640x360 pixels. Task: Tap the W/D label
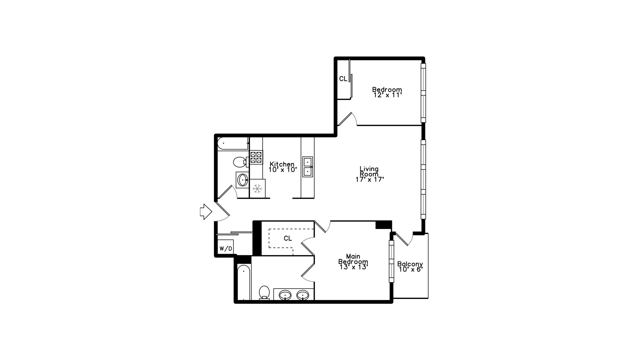(x=226, y=249)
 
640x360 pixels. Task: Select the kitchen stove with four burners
(x=256, y=157)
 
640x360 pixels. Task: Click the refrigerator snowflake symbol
(x=257, y=189)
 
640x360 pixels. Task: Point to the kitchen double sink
(x=307, y=167)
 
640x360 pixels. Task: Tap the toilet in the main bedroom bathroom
(x=264, y=292)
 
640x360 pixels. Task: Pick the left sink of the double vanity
(x=285, y=295)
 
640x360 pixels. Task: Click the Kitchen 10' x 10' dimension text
(x=283, y=170)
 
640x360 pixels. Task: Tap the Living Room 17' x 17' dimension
(x=370, y=179)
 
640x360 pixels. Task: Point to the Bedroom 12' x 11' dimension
(x=387, y=95)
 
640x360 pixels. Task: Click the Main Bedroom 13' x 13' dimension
(x=353, y=267)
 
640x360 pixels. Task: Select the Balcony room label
(x=410, y=264)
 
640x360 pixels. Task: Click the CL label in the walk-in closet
(x=288, y=239)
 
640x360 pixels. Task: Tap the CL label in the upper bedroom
(x=343, y=79)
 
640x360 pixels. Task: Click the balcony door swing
(x=405, y=239)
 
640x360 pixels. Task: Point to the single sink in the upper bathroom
(x=243, y=180)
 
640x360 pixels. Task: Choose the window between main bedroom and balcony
(x=391, y=261)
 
